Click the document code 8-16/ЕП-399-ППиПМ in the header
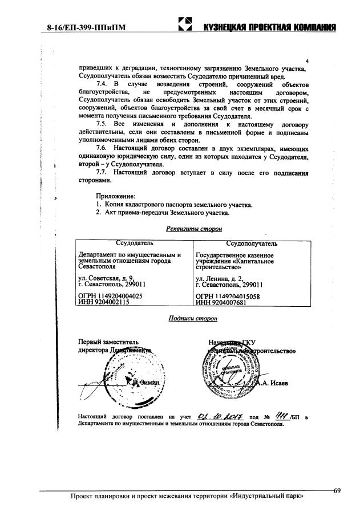pos(87,27)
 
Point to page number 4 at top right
pos(308,62)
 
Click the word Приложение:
pos(115,196)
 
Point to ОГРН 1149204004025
pos(110,296)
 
